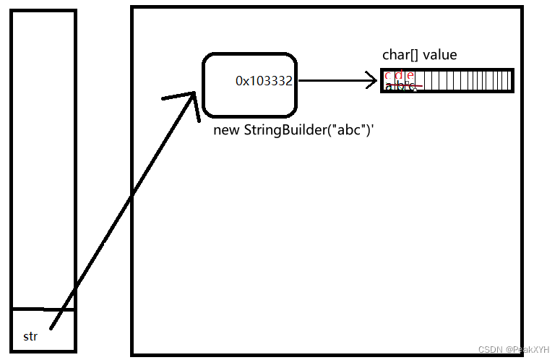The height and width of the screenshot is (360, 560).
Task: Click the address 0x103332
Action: (264, 82)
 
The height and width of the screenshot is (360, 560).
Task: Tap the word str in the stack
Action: (30, 336)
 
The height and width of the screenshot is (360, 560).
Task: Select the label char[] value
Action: (419, 55)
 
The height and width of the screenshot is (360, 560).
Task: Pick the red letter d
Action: (400, 75)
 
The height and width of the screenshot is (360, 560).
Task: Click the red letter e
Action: (410, 75)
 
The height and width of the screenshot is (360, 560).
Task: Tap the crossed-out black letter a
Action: (389, 85)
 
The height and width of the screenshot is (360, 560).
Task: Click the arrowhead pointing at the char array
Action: (373, 81)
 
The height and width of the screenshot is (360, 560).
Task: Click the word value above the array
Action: (440, 55)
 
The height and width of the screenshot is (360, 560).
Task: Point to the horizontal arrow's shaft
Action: (332, 81)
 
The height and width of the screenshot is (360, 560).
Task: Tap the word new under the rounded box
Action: (226, 131)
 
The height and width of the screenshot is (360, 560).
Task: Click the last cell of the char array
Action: (508, 80)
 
